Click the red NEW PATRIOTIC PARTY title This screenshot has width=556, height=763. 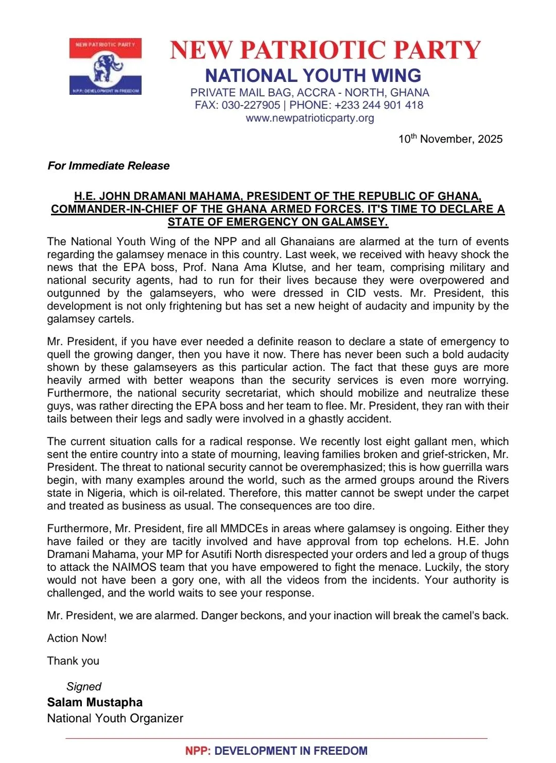tap(325, 50)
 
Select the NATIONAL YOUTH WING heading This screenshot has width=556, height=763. tap(313, 76)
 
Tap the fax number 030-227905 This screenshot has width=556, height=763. tap(251, 105)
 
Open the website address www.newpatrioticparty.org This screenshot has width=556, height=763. tap(310, 118)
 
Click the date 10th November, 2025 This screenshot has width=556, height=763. tap(450, 139)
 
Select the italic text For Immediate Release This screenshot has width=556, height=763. tap(109, 166)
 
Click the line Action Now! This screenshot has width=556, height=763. tap(77, 638)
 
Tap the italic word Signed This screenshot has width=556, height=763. tap(84, 687)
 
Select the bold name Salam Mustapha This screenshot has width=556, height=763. tap(95, 702)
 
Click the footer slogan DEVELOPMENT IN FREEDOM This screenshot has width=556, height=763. tap(291, 751)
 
